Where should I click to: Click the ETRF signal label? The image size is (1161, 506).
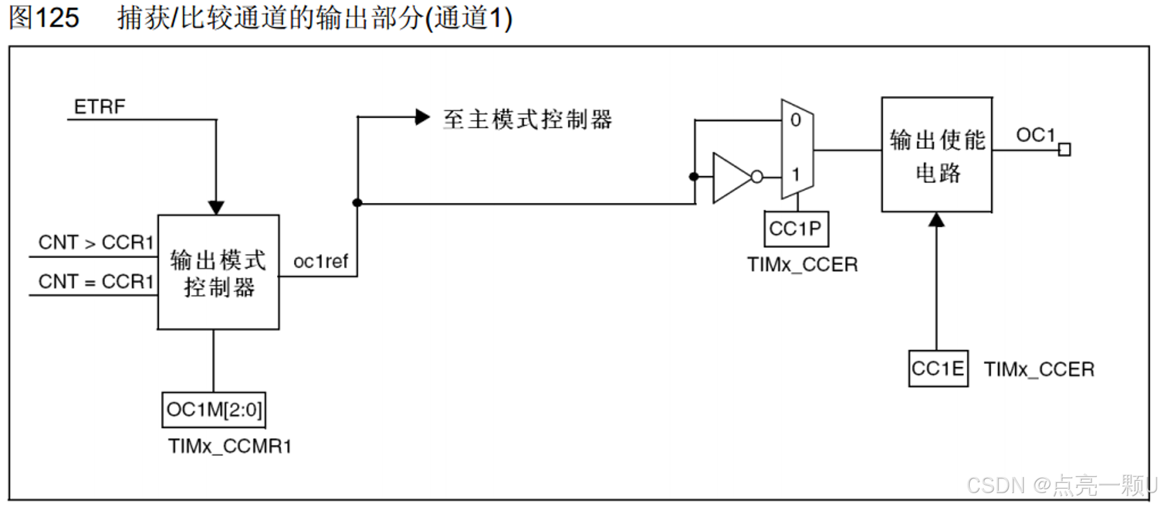coord(99,106)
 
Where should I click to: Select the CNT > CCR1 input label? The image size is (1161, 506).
coord(96,242)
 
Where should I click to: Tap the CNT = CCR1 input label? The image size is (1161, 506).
coord(96,282)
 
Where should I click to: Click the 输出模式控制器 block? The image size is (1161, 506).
coord(218,272)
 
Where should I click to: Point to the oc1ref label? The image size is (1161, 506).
coord(320,261)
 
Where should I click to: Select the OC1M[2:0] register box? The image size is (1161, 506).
coord(214,410)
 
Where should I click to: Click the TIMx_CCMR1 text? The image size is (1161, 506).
coord(230,446)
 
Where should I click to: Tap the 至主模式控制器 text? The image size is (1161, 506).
coord(527,119)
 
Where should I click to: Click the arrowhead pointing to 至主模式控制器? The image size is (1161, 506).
coord(423,117)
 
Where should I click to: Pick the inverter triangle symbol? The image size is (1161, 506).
coord(731,177)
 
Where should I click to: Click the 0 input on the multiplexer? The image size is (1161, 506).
coord(796,121)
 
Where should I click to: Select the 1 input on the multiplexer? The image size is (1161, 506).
coord(796,175)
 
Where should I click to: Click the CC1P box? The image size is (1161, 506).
coord(796,229)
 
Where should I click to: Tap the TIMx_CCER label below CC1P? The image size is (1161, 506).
coord(802,265)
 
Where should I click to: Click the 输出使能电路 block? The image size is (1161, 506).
coord(936,155)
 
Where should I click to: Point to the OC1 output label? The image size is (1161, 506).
coord(1035,135)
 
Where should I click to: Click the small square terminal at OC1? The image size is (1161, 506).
coord(1064,150)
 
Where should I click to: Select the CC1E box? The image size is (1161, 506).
coord(938,369)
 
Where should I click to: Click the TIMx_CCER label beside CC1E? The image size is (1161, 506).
coord(1039,369)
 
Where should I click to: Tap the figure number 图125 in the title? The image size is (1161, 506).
coord(44,17)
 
